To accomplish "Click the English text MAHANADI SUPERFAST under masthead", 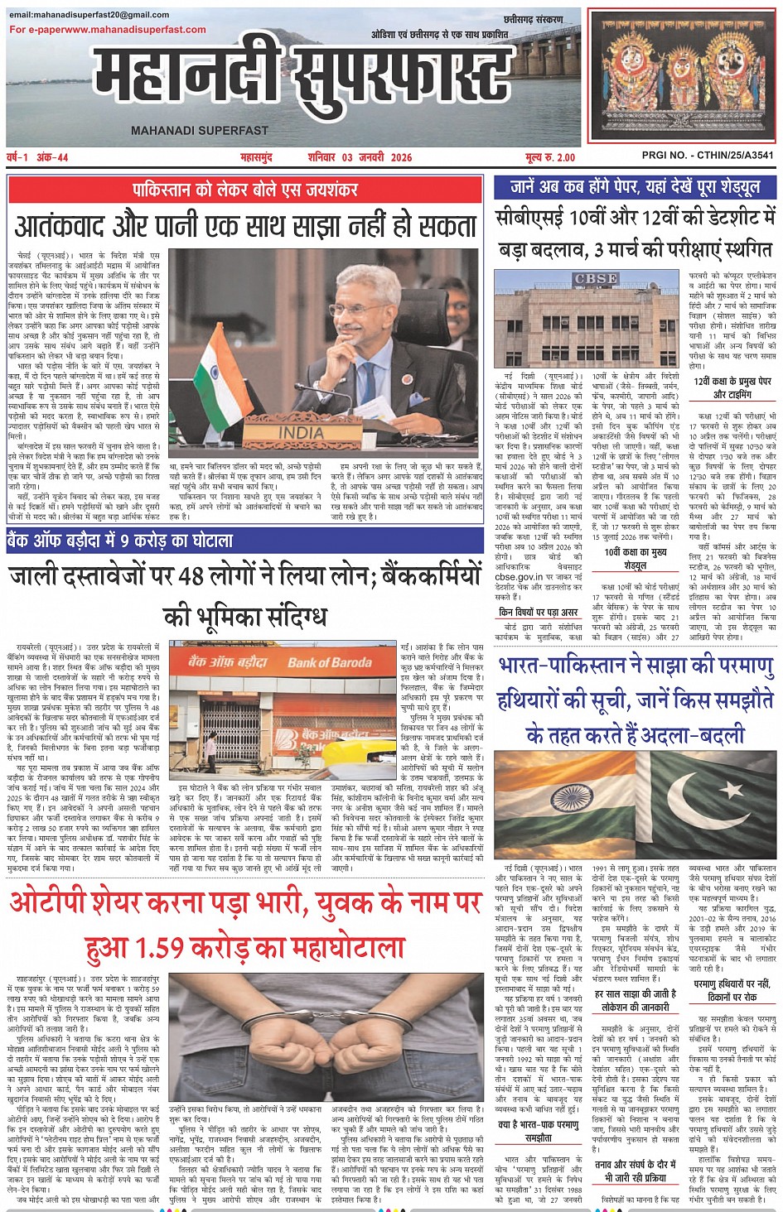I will (199, 130).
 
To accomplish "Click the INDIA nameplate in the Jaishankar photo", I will (301, 432).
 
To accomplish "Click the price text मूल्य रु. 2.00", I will (549, 157).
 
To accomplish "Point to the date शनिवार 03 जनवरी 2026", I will (359, 157).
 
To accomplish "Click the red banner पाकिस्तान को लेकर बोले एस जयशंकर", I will (244, 190).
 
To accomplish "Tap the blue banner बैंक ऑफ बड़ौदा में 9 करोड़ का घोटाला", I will (121, 541).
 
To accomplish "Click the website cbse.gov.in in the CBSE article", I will (519, 576).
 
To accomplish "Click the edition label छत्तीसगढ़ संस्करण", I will (533, 18).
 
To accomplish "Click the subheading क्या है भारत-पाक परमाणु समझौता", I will (539, 1131).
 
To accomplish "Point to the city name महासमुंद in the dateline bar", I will (256, 157).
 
